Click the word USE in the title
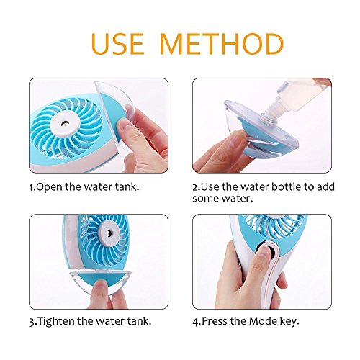[x=117, y=44]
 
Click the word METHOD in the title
[x=221, y=44]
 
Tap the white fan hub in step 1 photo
[x=65, y=125]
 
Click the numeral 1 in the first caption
[x=31, y=187]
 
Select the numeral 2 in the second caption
[x=194, y=187]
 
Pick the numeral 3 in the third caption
[x=32, y=322]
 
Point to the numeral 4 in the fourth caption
[x=195, y=322]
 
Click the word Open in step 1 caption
[x=49, y=187]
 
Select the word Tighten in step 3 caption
[x=57, y=322]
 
